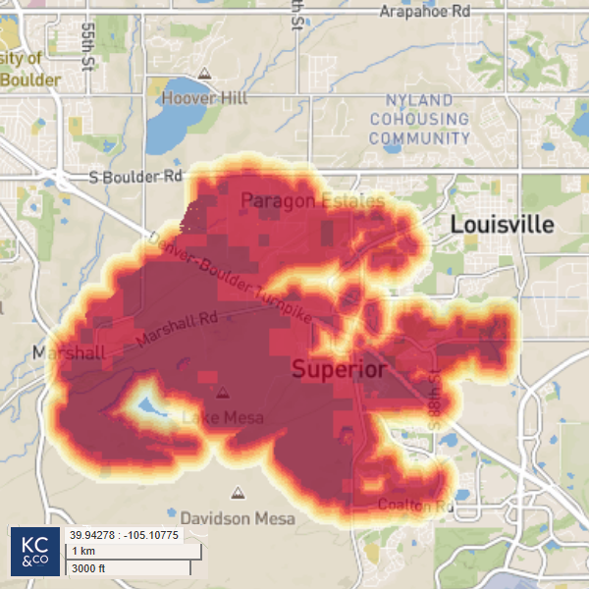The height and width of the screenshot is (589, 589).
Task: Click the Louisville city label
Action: click(502, 225)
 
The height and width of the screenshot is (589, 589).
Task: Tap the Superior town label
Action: click(340, 369)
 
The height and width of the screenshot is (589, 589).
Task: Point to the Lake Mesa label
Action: click(223, 418)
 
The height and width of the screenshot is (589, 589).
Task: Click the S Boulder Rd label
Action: click(135, 177)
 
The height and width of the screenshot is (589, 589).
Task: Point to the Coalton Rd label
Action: click(416, 506)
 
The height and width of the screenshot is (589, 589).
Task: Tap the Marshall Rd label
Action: click(177, 329)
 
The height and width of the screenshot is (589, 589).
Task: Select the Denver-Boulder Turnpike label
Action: click(228, 279)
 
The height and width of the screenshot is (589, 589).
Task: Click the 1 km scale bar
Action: click(128, 551)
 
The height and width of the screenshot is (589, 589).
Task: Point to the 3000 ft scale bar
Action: click(128, 567)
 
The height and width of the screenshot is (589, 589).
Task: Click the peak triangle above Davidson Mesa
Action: click(236, 493)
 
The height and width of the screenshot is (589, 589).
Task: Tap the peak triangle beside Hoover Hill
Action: click(204, 74)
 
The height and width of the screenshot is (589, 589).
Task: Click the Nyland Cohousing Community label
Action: click(420, 119)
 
